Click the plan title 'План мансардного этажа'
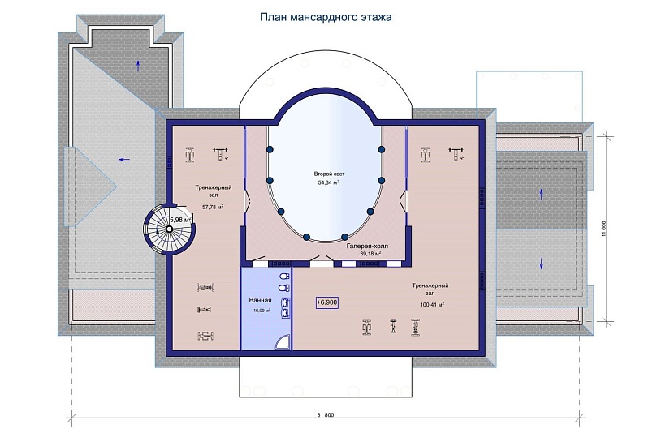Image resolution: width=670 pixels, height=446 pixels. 326,17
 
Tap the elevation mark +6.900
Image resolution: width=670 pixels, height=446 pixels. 327,302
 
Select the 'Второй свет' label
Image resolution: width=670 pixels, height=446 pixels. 329,174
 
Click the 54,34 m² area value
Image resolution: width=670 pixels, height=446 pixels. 329,182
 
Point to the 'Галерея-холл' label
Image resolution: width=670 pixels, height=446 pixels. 367,247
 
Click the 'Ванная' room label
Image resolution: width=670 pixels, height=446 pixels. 260,301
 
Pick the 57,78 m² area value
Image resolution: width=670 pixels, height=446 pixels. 213,208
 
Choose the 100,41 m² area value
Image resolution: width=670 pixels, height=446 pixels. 432,305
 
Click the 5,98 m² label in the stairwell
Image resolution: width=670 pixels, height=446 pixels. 181,220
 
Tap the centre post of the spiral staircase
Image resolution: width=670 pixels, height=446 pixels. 169,229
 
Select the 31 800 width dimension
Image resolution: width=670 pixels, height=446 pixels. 326,415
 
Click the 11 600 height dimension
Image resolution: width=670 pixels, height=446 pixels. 603,228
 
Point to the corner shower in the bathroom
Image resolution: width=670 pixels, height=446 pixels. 283,341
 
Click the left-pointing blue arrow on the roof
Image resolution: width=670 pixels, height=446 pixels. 124,160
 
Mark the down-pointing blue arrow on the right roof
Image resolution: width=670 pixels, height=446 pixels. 542,264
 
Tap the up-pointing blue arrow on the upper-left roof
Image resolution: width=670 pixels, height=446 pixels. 138,66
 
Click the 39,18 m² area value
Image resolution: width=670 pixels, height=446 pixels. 370,254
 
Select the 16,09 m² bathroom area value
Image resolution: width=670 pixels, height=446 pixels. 262,311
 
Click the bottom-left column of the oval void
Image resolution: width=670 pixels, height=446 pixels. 306,237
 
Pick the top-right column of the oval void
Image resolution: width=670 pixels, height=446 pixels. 382,149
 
